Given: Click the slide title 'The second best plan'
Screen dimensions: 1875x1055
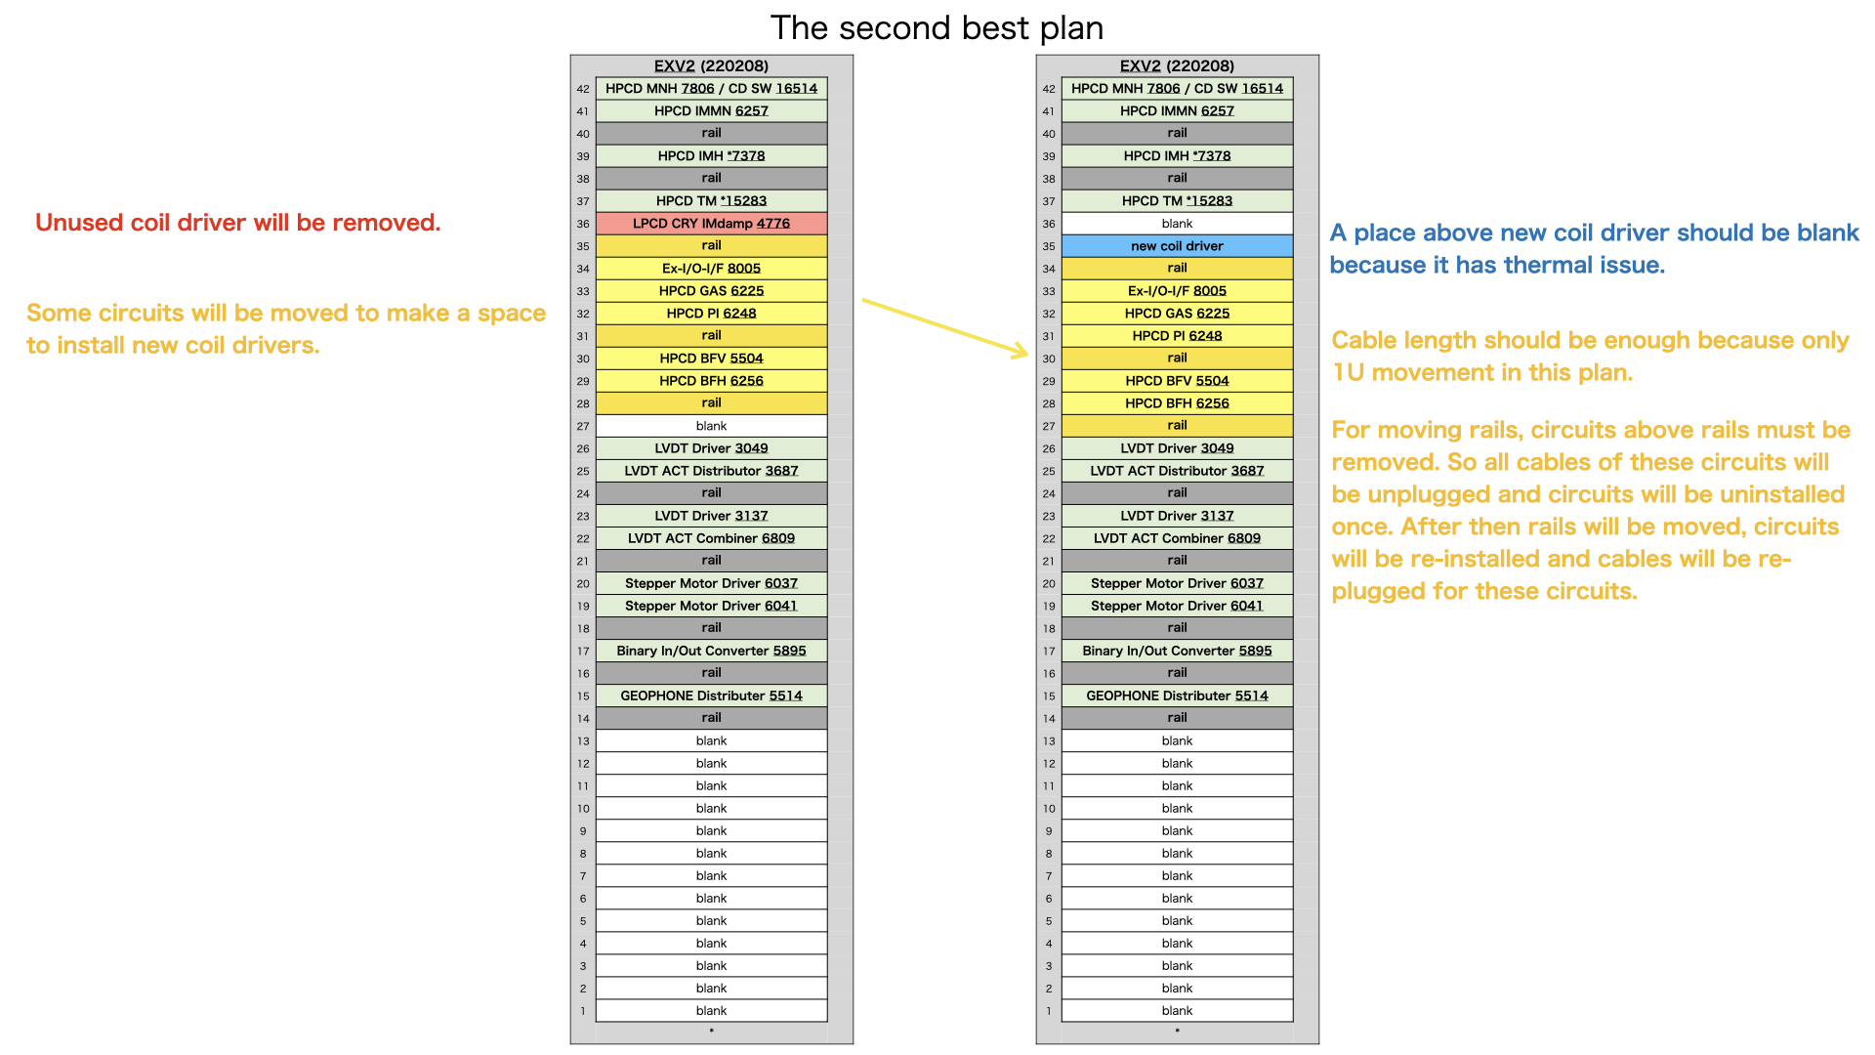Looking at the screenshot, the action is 937,28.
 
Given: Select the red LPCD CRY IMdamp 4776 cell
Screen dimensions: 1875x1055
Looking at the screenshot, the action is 711,224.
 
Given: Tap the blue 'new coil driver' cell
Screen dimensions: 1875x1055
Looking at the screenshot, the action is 1177,246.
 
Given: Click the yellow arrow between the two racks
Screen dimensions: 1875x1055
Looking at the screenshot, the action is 945,328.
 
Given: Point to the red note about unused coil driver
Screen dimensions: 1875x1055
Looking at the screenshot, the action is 238,223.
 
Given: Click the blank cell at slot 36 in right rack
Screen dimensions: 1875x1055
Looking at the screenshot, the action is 1177,224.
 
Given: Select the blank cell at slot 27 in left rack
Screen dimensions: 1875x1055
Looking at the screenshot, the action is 711,426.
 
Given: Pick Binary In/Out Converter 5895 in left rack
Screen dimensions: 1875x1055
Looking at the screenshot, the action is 711,651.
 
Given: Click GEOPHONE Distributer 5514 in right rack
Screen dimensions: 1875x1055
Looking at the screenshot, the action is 1177,696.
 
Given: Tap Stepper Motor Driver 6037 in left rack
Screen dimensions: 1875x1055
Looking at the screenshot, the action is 711,583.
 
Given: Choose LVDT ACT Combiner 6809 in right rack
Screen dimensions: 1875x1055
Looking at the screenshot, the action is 1177,538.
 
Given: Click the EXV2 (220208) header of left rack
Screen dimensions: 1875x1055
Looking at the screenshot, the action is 711,65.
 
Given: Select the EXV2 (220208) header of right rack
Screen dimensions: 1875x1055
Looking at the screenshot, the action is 1177,65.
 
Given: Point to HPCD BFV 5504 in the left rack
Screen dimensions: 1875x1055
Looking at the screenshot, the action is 711,359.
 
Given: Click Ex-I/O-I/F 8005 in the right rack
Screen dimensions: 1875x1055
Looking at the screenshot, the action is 1177,291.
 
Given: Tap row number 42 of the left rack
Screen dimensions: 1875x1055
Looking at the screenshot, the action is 583,89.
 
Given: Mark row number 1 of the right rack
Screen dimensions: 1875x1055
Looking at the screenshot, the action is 1049,1011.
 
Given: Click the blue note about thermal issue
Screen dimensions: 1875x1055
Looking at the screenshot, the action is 1594,249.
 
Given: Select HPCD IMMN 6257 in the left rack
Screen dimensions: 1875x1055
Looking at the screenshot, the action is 711,111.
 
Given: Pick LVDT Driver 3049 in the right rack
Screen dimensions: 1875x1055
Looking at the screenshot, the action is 1177,448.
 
